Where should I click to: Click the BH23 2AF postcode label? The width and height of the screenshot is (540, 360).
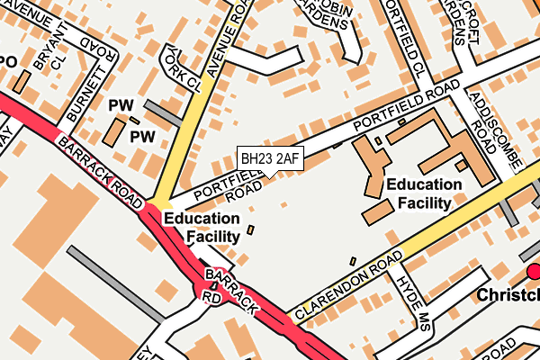tap(269, 158)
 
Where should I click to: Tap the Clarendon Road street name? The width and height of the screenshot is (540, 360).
tap(346, 287)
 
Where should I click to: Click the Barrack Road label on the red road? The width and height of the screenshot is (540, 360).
tap(96, 164)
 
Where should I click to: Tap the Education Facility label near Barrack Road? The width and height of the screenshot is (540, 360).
tap(202, 227)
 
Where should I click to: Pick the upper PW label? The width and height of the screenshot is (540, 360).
tap(120, 106)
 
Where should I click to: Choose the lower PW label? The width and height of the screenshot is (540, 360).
tap(142, 137)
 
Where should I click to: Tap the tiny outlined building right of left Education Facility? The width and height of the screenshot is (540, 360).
tap(250, 231)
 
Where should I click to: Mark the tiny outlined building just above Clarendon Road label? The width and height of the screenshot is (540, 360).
tap(353, 261)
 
